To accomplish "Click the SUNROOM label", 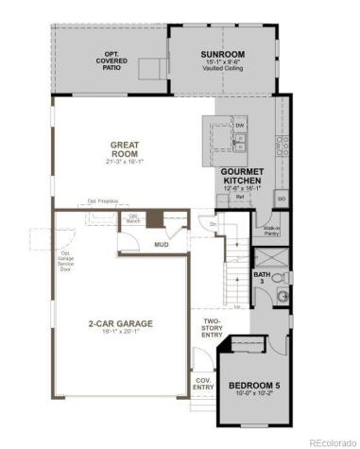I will pos(223,54).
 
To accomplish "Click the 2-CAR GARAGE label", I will pos(122,323).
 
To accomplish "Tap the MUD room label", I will pos(162,244).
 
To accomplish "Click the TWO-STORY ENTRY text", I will pos(212,328).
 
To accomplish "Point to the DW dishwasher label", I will pos(240,125).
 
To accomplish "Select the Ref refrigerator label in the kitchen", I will pos(240,198).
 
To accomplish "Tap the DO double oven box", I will pos(281,198).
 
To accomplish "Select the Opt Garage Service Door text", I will pos(66,260).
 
